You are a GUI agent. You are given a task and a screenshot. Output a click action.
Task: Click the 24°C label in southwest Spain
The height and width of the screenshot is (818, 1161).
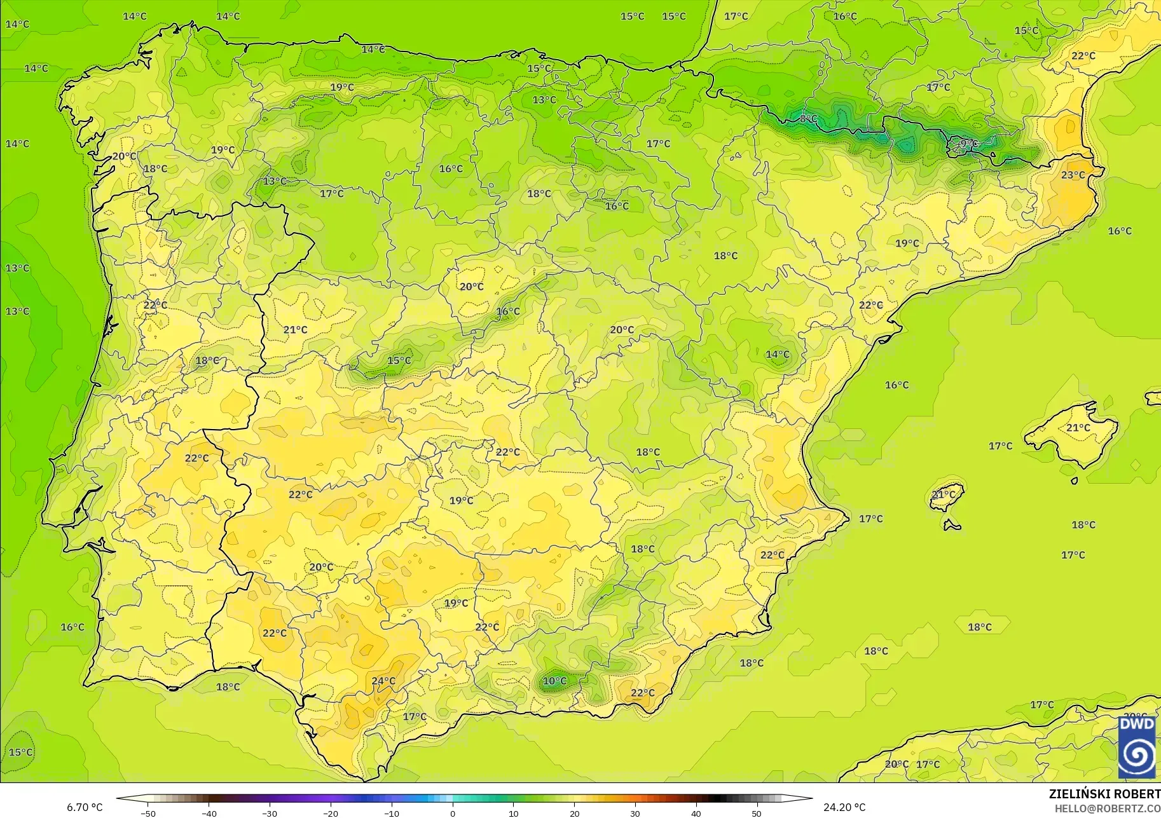383,681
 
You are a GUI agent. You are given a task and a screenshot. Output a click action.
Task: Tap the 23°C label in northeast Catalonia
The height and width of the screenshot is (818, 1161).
1073,175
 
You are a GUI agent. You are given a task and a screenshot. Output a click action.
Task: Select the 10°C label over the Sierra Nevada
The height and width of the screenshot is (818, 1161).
554,681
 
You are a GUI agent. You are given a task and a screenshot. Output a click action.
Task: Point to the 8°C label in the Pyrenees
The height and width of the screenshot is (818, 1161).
808,119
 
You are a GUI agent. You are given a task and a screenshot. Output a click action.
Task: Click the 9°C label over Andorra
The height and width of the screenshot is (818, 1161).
968,144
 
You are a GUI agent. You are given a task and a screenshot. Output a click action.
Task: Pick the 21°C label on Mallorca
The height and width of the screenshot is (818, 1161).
1078,428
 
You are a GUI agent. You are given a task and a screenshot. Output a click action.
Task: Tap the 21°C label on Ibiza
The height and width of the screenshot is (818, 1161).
943,494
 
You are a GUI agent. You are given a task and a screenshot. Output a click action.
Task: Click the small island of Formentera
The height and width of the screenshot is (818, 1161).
952,526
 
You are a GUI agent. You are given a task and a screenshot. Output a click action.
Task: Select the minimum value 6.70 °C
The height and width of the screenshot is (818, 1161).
85,807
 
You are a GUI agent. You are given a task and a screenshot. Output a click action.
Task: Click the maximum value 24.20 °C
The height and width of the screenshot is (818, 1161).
844,807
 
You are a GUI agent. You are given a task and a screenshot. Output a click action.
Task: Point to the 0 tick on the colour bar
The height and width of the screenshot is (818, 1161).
452,813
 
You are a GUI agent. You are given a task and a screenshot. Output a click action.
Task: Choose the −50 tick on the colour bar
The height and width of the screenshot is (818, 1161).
148,813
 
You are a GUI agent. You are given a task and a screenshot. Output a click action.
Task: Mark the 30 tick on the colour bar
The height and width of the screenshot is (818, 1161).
635,813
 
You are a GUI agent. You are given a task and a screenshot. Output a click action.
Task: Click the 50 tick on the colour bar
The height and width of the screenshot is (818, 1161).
756,813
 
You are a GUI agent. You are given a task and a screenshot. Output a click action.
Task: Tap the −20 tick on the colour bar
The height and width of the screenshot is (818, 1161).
330,813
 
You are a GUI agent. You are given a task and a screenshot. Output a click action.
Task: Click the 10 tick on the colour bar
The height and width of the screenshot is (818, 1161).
513,813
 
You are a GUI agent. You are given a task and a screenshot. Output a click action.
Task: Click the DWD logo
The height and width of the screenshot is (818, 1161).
1137,747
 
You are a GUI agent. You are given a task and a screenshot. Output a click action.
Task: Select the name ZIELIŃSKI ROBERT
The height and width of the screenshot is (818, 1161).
1104,794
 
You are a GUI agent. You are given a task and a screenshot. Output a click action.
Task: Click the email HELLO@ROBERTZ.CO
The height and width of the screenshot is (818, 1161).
1107,808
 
